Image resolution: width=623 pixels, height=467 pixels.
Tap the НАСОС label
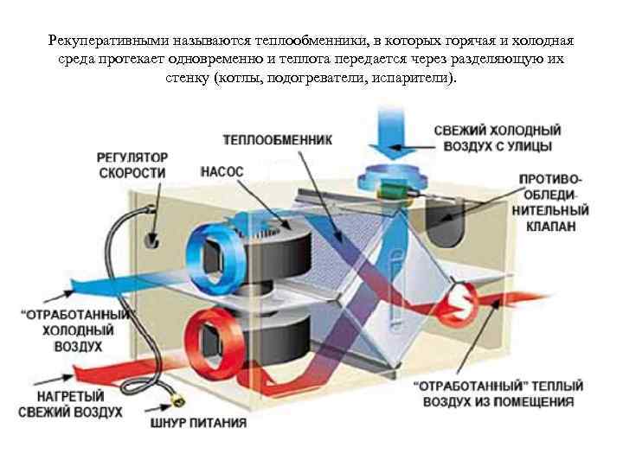[222, 172]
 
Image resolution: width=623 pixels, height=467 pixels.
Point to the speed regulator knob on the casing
[155, 240]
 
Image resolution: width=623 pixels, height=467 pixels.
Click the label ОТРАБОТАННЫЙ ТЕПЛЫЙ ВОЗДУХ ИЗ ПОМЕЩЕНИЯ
[497, 393]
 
